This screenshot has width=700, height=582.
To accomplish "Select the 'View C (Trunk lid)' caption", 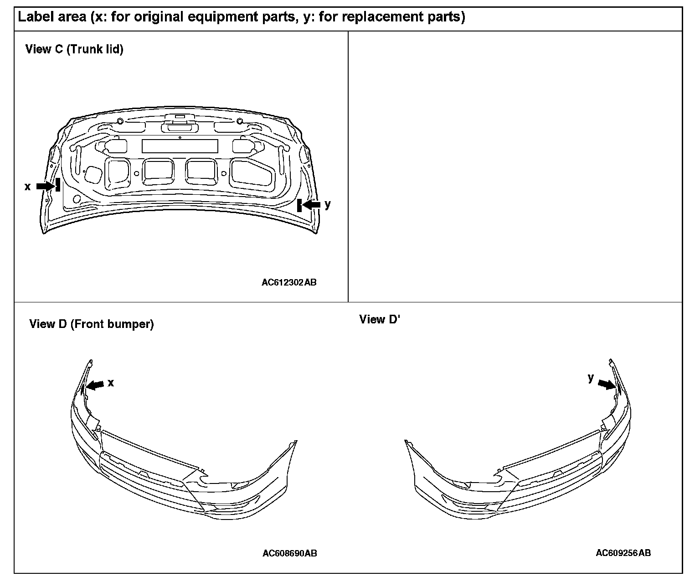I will (74, 49).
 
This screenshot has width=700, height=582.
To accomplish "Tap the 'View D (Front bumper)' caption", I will (92, 324).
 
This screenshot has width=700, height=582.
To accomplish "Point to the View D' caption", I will (379, 319).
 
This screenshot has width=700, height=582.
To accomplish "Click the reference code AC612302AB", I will (289, 282).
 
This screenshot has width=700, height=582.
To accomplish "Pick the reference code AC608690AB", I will (290, 553).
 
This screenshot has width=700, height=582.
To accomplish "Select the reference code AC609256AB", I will (623, 553).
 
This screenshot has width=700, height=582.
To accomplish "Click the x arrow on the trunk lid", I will (45, 186).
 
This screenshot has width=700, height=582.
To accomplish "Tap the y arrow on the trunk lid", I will (312, 205).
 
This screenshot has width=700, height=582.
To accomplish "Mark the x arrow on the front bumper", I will (95, 385).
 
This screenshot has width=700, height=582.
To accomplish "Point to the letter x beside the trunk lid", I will (27, 187).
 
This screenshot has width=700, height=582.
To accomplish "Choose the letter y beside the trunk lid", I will (328, 204).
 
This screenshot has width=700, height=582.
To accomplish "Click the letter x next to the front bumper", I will (111, 383).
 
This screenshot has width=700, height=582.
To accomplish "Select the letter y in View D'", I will (591, 378).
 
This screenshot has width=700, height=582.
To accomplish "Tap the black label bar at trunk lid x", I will (58, 185).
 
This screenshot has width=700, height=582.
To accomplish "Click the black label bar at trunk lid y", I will (299, 205).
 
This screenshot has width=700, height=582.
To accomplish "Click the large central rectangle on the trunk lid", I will (180, 146).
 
